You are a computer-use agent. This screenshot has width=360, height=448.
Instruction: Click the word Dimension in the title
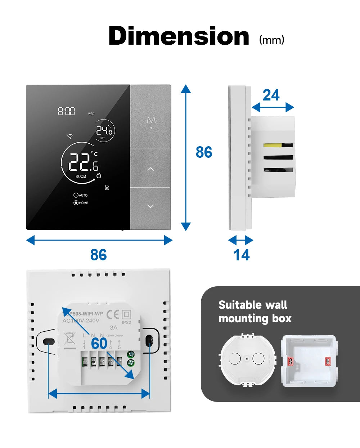(179, 36)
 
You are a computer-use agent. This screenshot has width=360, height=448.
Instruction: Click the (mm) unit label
(272, 40)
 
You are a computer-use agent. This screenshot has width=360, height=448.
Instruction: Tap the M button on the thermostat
(151, 121)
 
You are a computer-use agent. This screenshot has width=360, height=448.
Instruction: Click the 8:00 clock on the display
(67, 111)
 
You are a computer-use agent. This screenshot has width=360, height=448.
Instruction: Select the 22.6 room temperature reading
(83, 162)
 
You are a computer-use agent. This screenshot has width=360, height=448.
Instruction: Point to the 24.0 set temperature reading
(104, 130)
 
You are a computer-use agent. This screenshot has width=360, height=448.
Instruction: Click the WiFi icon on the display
(70, 136)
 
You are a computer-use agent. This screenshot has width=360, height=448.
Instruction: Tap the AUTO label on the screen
(81, 195)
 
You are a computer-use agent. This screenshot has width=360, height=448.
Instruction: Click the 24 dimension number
(271, 95)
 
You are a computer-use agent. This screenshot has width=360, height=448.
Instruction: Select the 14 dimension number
(241, 255)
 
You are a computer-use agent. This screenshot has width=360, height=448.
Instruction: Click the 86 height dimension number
(204, 152)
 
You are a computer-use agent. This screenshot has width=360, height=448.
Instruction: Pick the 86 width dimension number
(98, 255)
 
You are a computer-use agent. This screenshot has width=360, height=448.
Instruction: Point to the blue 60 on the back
(99, 344)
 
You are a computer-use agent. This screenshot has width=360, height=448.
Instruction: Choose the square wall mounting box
(309, 361)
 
